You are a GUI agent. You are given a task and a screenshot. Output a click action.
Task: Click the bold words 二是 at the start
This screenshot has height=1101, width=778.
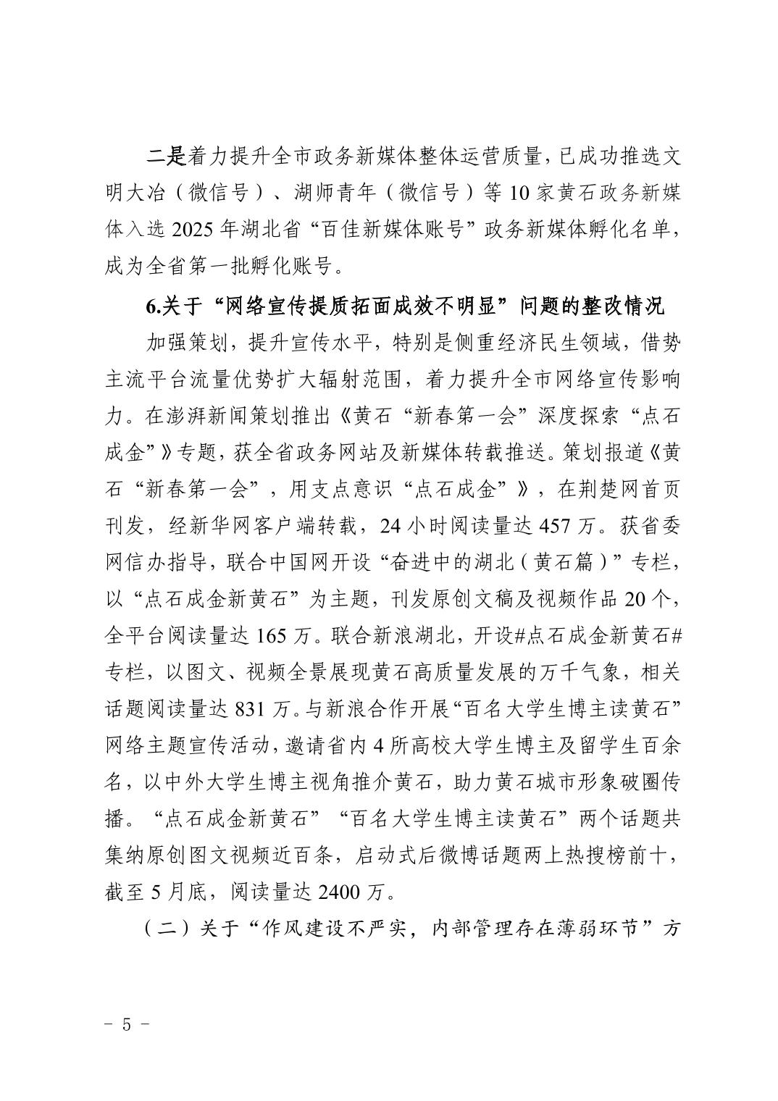167,156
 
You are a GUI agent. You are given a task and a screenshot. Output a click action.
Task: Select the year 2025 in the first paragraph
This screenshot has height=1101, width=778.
192,230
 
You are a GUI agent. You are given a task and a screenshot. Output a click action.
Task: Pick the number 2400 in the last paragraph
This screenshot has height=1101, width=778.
340,892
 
